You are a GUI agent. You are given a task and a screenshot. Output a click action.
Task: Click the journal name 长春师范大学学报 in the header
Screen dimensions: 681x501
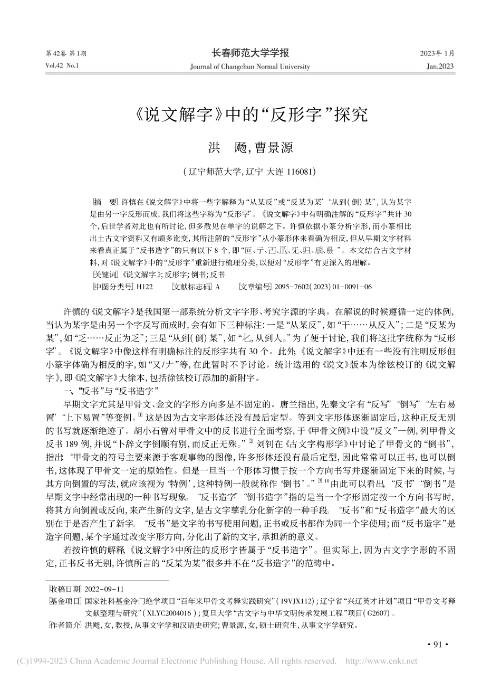(x=250, y=53)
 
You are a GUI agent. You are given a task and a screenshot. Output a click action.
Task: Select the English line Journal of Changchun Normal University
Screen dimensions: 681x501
(x=250, y=67)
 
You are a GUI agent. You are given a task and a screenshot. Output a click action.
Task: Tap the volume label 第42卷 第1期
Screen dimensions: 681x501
(x=67, y=54)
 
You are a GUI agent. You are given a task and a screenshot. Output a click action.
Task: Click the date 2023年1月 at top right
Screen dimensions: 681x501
(x=437, y=54)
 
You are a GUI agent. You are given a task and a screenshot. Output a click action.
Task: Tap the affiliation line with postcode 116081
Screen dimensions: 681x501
(x=250, y=171)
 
